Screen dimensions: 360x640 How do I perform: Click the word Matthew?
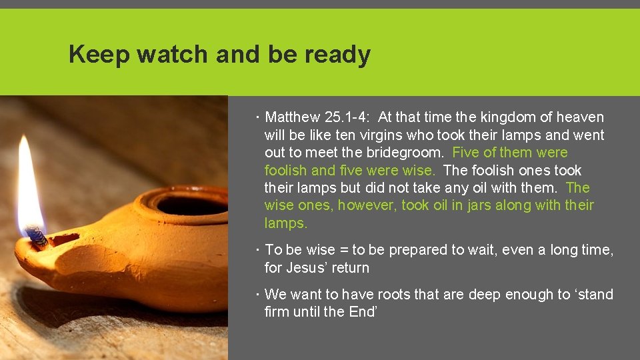pyautogui.click(x=292, y=117)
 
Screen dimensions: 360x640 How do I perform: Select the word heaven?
pyautogui.click(x=581, y=117)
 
